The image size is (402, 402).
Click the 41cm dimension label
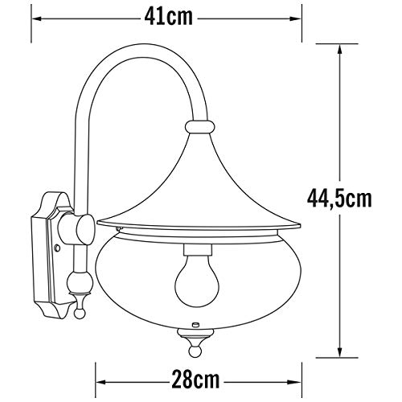[169, 18]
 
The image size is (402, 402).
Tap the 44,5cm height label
[339, 199]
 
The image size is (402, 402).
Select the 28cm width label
[195, 379]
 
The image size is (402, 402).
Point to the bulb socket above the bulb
[198, 249]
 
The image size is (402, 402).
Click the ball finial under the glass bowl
[195, 351]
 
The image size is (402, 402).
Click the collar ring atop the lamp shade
[200, 126]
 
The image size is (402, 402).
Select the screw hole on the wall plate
[57, 248]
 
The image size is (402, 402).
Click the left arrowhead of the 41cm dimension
[36, 18]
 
